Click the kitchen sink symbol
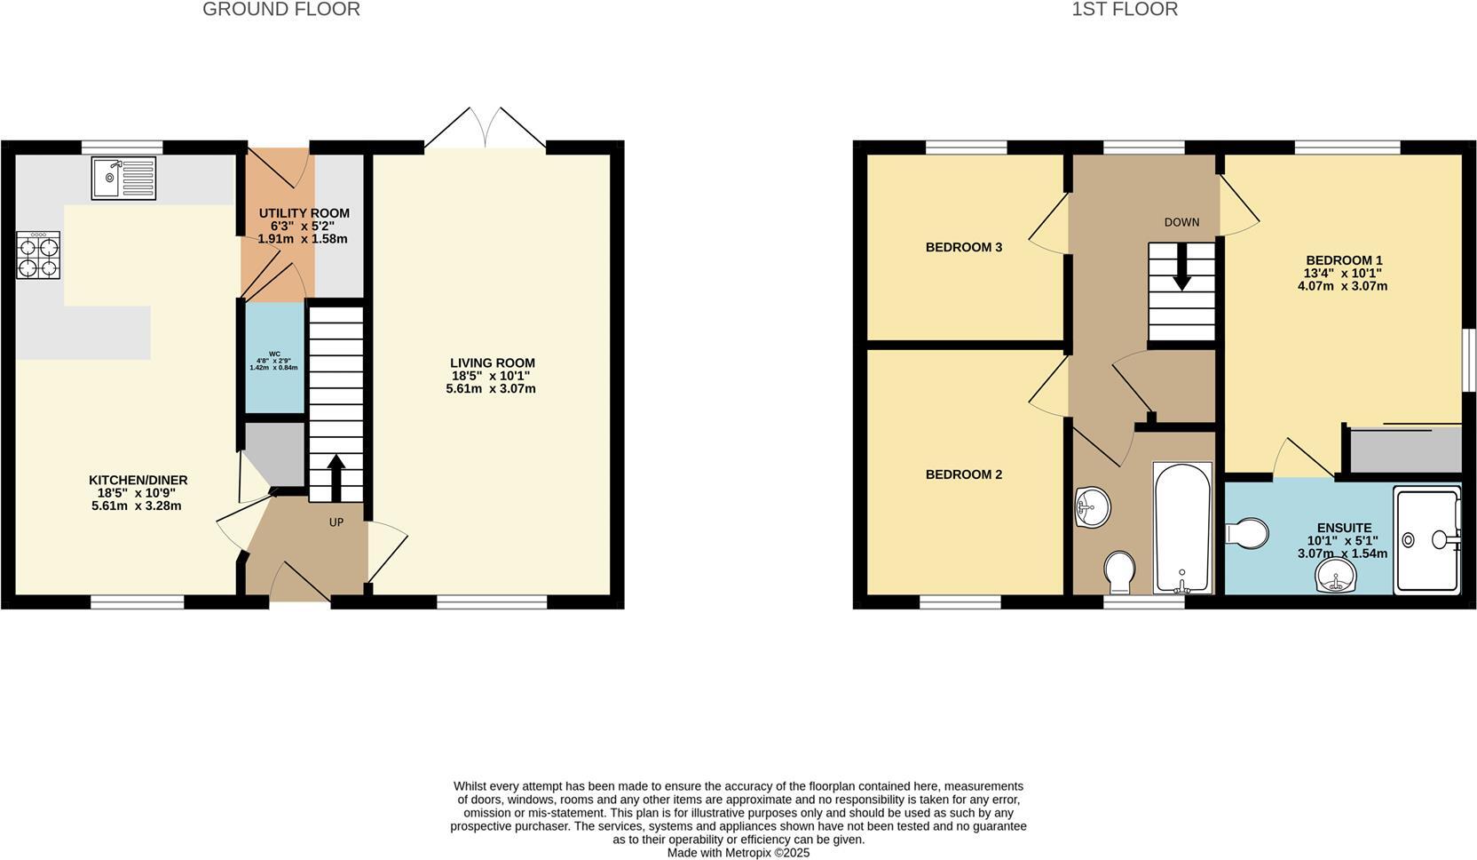tap(123, 178)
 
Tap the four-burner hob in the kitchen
tap(38, 255)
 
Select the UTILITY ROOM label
tap(304, 213)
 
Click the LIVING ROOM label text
tap(492, 363)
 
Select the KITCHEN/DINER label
tap(138, 481)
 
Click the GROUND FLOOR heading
tap(281, 10)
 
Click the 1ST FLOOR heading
tap(1125, 10)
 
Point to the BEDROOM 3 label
tap(963, 247)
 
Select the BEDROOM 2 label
tap(963, 474)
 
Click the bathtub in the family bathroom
tap(1181, 528)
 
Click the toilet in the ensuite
tap(1246, 534)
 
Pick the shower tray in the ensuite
tap(1426, 539)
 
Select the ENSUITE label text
tap(1344, 528)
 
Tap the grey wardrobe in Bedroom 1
tap(1405, 450)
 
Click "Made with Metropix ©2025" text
tap(738, 853)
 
